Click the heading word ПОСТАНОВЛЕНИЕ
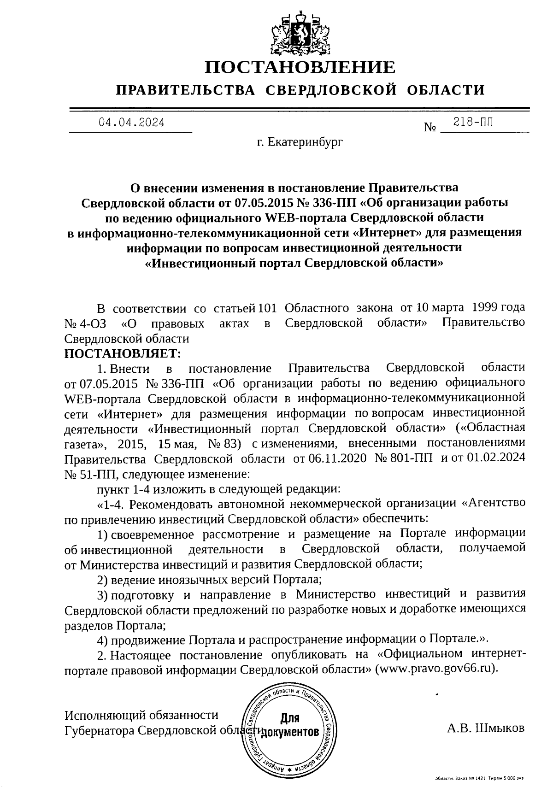(300, 68)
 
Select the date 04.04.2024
(131, 123)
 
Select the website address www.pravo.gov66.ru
(436, 669)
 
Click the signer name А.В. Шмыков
(486, 728)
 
